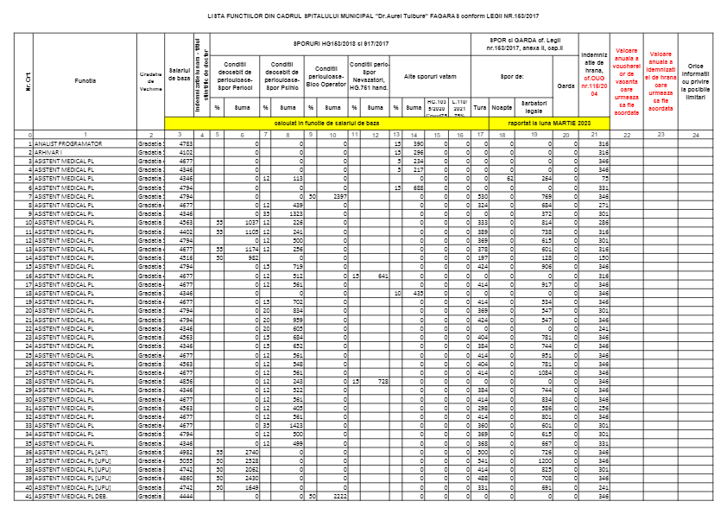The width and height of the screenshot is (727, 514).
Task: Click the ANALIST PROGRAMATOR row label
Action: (69, 143)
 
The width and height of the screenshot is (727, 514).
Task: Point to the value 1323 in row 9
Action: (294, 213)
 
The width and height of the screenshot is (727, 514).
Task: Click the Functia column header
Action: (85, 79)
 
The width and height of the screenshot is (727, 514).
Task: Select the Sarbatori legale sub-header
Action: (534, 106)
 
